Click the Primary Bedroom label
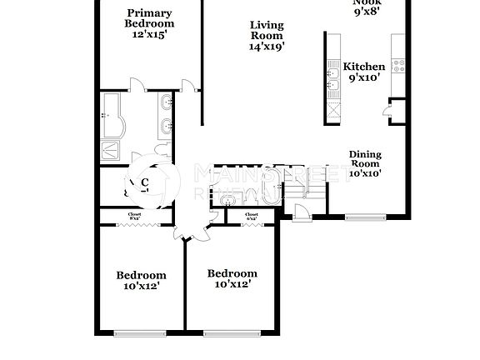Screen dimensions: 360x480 [149, 18]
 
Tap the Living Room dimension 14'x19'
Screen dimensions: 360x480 [267, 47]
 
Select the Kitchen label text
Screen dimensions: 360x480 [364, 67]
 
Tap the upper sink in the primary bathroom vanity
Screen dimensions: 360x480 [167, 103]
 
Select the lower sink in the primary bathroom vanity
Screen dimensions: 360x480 [167, 127]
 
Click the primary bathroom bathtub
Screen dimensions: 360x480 [112, 115]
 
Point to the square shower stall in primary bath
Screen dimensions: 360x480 [111, 150]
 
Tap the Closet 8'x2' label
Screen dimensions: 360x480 [134, 218]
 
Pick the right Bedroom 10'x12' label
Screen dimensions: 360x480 [232, 278]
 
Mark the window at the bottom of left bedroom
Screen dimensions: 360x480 [139, 333]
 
